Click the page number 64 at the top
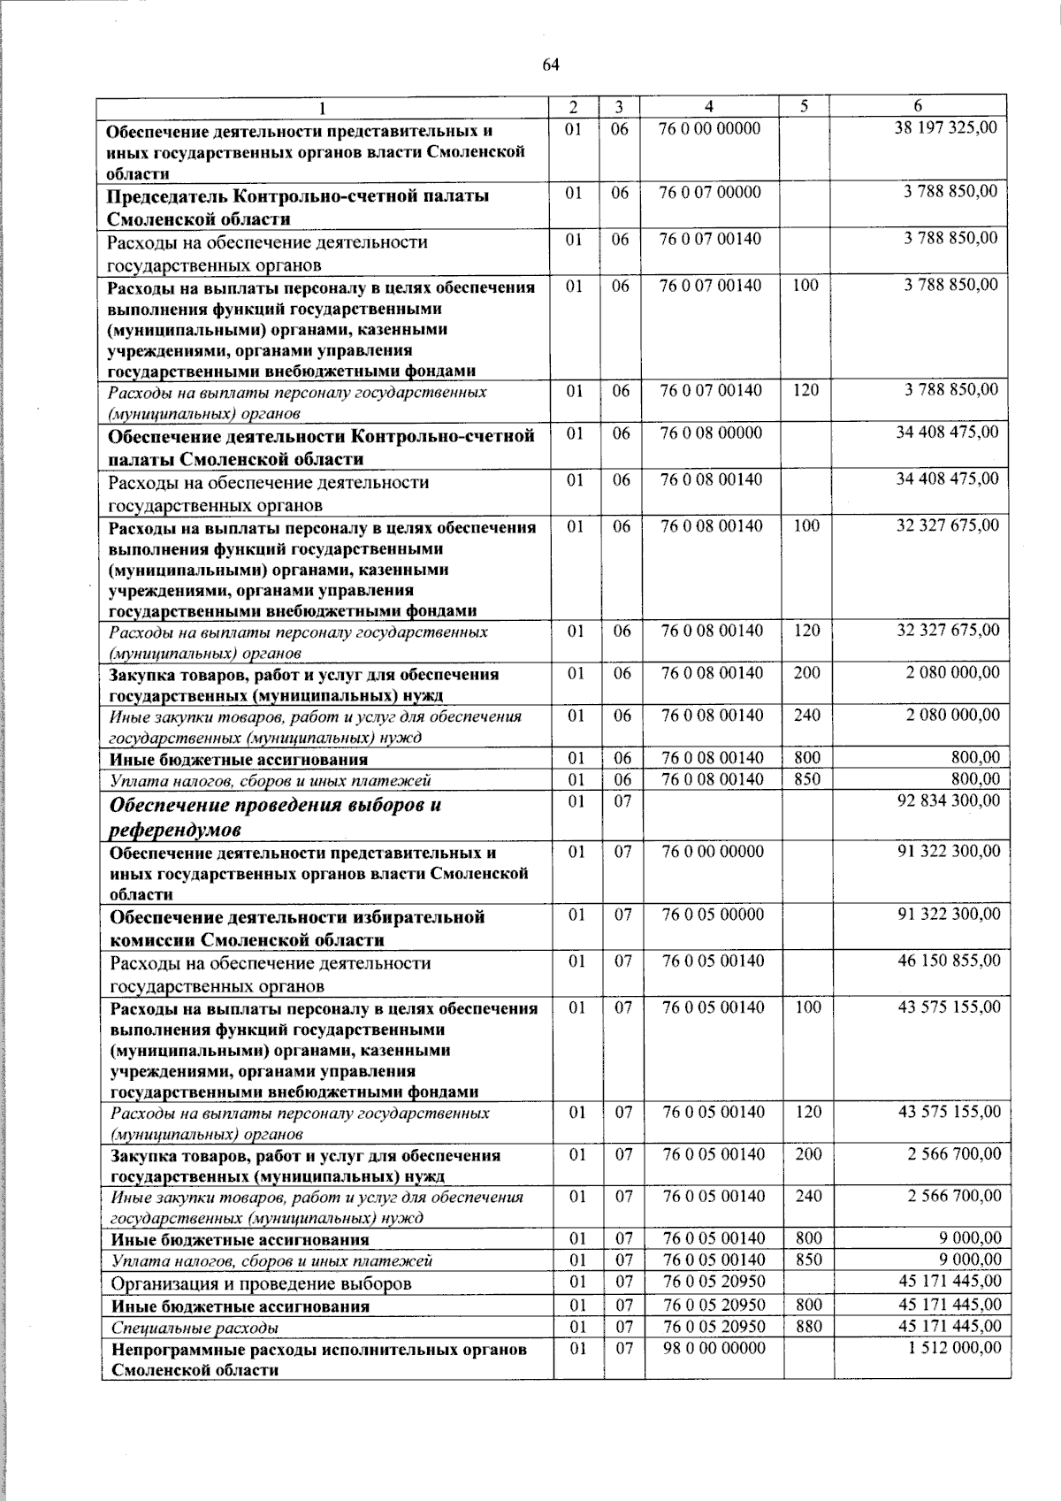point(551,64)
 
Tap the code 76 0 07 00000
point(710,192)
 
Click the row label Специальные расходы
point(194,1328)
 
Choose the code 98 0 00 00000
point(714,1348)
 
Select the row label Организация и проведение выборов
point(261,1283)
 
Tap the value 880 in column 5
point(808,1326)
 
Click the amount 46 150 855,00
point(949,961)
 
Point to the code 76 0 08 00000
point(711,433)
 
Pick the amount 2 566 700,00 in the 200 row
point(953,1153)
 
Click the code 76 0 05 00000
point(713,915)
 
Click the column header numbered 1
point(322,107)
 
